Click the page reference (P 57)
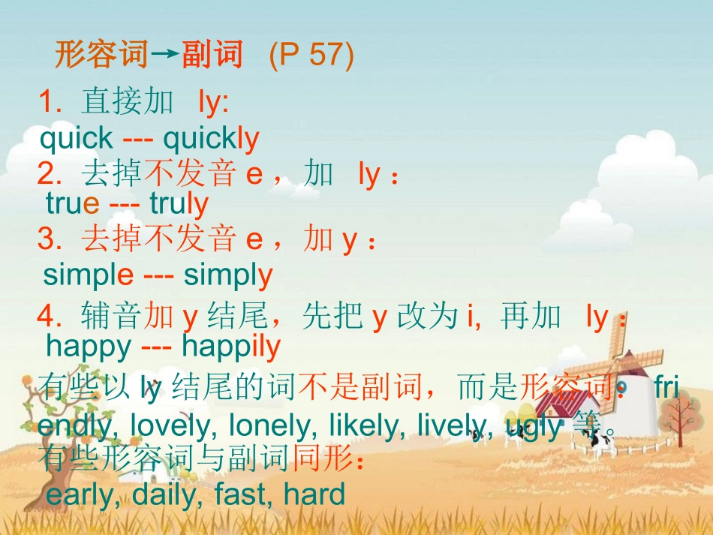click(311, 56)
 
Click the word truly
click(179, 203)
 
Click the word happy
click(88, 346)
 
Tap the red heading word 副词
click(212, 55)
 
